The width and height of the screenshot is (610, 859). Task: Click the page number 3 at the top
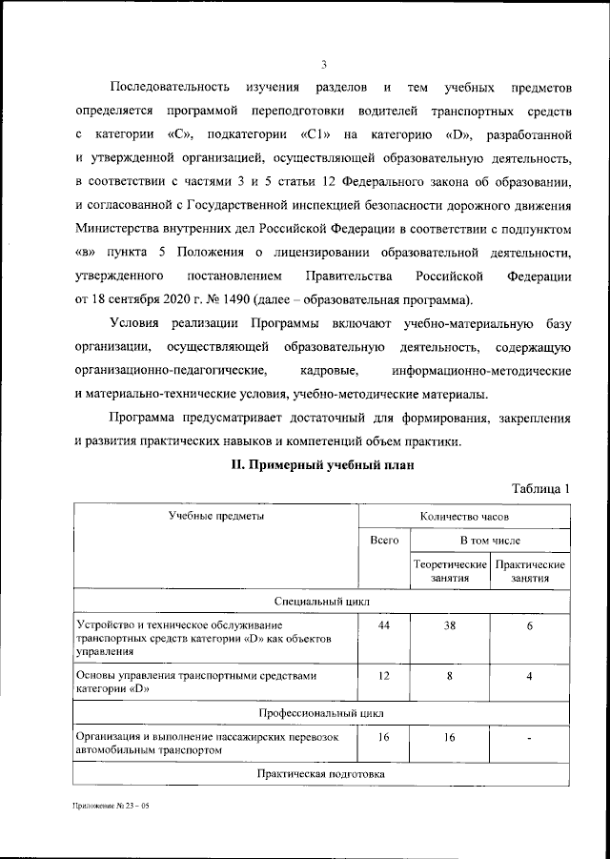pyautogui.click(x=324, y=65)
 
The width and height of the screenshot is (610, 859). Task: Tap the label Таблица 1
pyautogui.click(x=540, y=489)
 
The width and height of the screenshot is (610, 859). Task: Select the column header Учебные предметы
pyautogui.click(x=216, y=516)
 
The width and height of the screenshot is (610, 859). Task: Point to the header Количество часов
pyautogui.click(x=464, y=516)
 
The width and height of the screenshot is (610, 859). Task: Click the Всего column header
pyautogui.click(x=383, y=541)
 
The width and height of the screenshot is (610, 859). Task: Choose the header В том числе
pyautogui.click(x=491, y=541)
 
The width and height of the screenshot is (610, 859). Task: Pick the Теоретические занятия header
pyautogui.click(x=450, y=571)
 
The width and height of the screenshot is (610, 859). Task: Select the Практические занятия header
pyautogui.click(x=530, y=571)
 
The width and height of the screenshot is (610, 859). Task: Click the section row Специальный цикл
pyautogui.click(x=321, y=602)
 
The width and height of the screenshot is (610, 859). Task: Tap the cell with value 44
pyautogui.click(x=384, y=625)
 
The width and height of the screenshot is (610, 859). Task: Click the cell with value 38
pyautogui.click(x=450, y=625)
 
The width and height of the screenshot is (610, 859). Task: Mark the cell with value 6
pyautogui.click(x=530, y=625)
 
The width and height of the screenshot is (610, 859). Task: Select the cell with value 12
pyautogui.click(x=384, y=676)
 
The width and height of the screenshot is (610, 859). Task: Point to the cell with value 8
pyautogui.click(x=450, y=676)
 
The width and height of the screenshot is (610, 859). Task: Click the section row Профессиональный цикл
pyautogui.click(x=321, y=712)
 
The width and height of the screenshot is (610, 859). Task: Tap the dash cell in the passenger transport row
pyautogui.click(x=530, y=737)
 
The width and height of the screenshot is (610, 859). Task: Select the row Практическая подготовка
pyautogui.click(x=321, y=774)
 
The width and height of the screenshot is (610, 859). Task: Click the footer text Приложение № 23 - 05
pyautogui.click(x=112, y=806)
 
